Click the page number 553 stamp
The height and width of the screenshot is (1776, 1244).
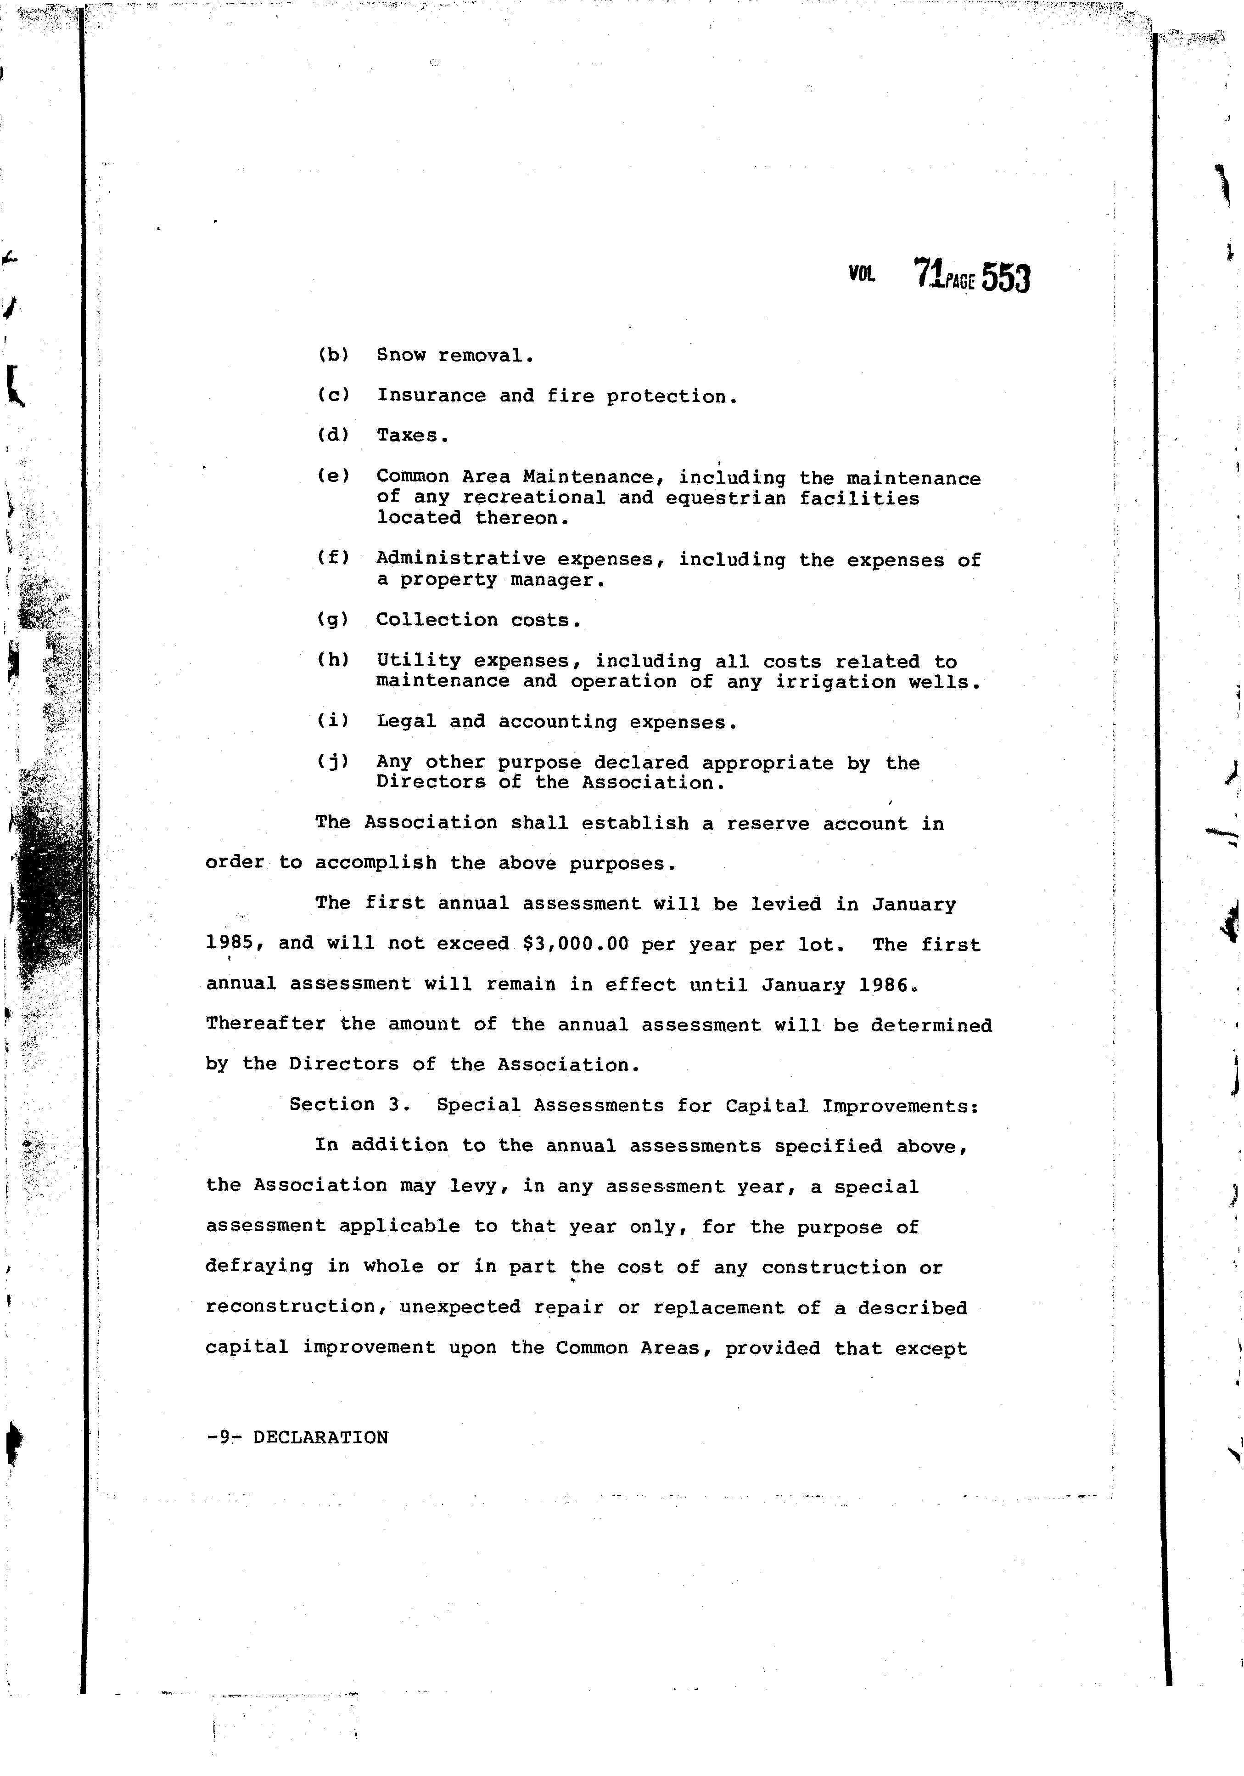tap(1006, 277)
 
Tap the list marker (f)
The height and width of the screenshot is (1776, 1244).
tap(333, 558)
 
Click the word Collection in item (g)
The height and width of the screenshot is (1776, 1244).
tap(437, 620)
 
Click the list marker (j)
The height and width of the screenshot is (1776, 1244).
tap(333, 762)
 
